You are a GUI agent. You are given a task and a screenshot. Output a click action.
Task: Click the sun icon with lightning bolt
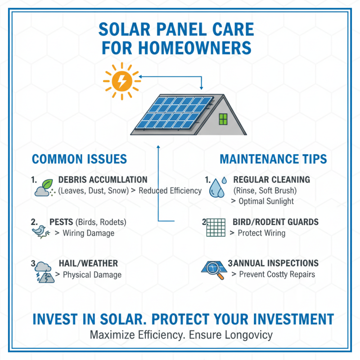[121, 81]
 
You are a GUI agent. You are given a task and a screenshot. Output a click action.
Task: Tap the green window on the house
[223, 119]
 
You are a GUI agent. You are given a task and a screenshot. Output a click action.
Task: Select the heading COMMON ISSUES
[79, 159]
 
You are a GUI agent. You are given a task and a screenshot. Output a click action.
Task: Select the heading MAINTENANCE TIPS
[273, 159]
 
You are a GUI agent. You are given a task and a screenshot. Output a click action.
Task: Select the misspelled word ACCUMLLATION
[118, 180]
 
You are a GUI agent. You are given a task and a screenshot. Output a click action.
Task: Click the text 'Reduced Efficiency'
[170, 191]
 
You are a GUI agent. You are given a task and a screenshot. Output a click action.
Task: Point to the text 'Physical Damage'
[92, 274]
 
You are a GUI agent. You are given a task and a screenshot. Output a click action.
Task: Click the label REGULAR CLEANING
[271, 180]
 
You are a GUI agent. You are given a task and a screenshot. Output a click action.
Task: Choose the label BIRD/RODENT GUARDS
[275, 222]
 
